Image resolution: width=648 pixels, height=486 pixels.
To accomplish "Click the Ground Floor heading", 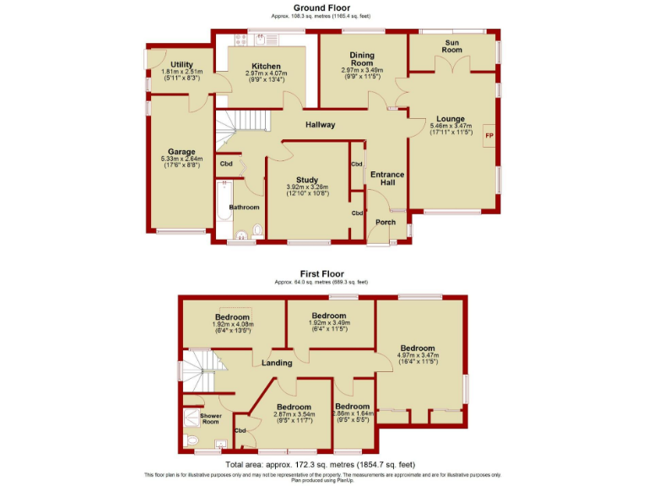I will coord(321,8).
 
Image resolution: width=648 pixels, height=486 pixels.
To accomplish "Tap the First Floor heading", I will coord(321,273).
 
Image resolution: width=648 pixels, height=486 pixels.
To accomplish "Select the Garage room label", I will coord(181,151).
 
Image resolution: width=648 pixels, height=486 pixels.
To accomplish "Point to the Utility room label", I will coord(181,65).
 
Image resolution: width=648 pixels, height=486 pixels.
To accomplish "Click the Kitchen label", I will coord(266,66).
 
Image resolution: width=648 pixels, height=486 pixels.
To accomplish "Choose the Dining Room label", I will coord(362,59).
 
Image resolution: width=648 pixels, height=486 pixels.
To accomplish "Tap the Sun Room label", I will coord(452,46).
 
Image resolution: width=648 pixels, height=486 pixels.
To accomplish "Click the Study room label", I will coord(306,178).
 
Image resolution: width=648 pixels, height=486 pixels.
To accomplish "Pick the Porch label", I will coord(386,223).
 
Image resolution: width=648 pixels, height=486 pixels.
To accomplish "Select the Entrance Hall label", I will coord(387,179).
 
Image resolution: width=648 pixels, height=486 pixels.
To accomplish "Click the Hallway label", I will coord(320,125).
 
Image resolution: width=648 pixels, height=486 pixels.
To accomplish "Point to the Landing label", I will coord(277,363).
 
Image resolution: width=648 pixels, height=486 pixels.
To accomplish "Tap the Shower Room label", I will coord(209,418).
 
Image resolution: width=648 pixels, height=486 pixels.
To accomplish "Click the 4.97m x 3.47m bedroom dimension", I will coord(418,356).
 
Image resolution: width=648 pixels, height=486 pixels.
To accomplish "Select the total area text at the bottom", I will coord(321,465).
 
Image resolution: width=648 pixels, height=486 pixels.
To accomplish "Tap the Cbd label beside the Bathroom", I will coord(226,164).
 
